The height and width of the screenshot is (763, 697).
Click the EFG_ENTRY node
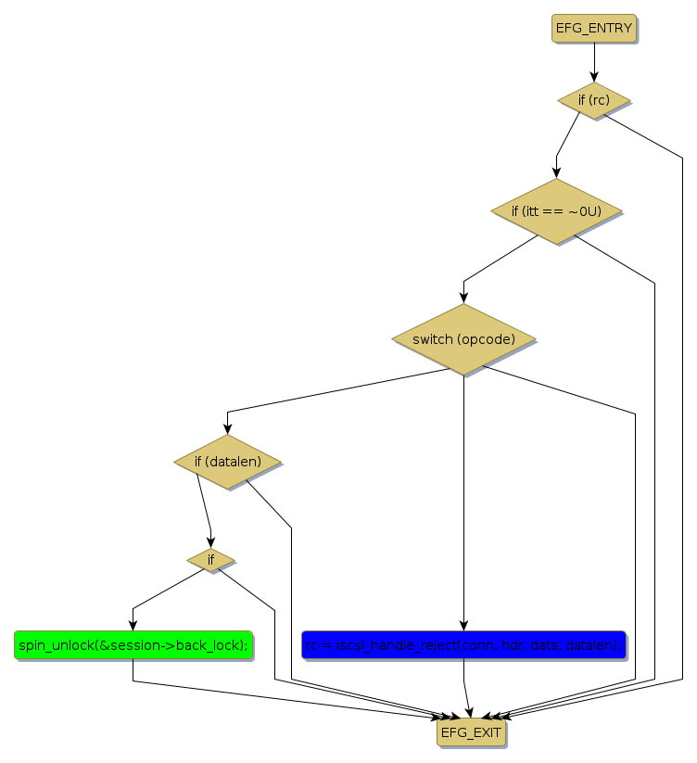coord(594,28)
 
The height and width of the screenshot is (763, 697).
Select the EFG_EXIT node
coord(471,732)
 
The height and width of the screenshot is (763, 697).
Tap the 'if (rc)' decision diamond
coord(594,99)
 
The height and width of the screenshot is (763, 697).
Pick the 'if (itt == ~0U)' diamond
coord(556,211)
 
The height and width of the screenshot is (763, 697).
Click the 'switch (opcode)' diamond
coord(463,339)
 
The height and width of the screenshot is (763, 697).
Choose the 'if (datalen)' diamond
coord(227,461)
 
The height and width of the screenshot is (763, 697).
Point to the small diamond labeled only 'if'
coord(210,559)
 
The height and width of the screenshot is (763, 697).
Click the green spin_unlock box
coord(133,645)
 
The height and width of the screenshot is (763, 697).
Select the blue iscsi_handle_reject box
coord(463,645)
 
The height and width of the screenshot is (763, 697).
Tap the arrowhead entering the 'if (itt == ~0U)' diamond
coord(556,172)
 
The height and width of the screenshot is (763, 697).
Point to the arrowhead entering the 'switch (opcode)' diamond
coord(463,298)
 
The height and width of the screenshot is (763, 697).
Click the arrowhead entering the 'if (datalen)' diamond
coord(227,428)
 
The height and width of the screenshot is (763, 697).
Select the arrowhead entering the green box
coord(133,626)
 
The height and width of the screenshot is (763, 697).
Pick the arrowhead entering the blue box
coord(463,626)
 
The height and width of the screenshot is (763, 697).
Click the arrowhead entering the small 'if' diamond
coord(210,543)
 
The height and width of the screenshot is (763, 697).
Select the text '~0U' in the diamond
coord(584,211)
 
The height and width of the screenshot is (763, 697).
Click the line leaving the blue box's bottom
coord(463,677)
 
